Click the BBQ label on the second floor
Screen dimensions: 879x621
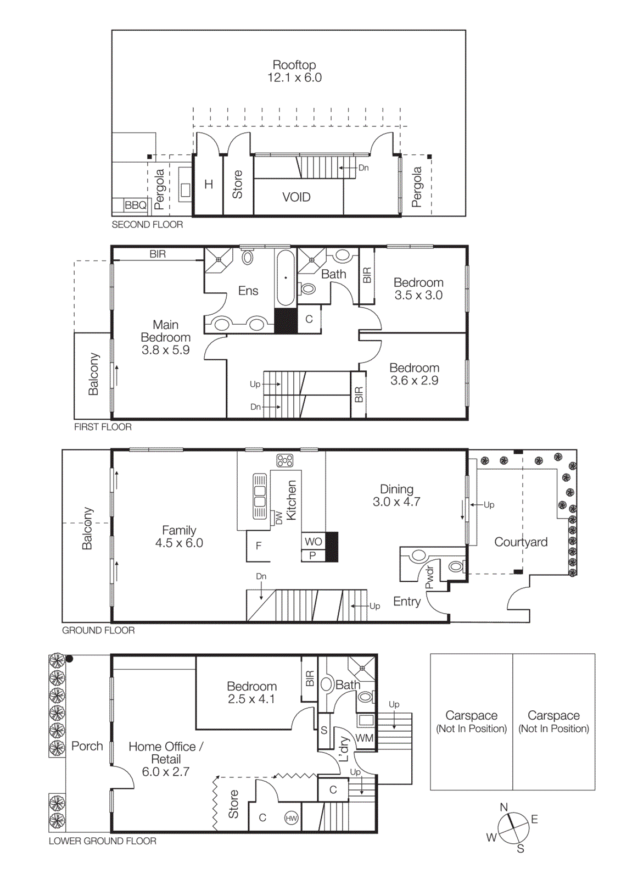point(135,205)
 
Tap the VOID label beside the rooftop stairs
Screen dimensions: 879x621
point(296,197)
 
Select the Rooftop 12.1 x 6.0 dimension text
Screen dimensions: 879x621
point(294,77)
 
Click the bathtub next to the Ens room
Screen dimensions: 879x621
point(286,278)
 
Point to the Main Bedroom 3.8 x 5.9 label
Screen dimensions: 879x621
point(165,337)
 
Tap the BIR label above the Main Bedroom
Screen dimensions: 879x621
point(158,254)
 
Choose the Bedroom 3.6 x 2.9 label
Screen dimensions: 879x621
point(414,374)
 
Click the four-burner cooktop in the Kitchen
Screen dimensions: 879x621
point(284,460)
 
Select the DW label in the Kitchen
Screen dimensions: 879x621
point(278,517)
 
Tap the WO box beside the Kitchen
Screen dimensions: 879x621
point(314,541)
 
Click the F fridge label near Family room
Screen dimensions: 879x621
point(258,546)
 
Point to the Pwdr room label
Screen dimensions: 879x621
point(430,577)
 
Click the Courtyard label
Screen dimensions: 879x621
point(521,542)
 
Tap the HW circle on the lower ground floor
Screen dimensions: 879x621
point(291,818)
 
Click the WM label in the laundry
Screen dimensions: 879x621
point(364,738)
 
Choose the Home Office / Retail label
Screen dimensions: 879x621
point(166,759)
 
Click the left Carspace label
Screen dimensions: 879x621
point(471,721)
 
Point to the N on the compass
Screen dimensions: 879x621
point(503,807)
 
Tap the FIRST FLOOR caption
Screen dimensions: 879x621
point(103,427)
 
